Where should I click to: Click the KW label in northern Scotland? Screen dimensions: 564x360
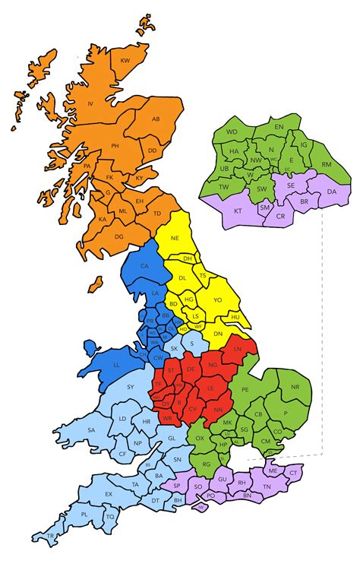[126, 60]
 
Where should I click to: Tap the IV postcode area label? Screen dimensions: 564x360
[90, 103]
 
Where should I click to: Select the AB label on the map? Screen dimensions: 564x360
[156, 119]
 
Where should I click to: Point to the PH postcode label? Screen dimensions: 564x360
[115, 145]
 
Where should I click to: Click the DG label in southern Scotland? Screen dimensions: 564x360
[118, 236]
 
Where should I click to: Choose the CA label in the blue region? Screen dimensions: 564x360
[145, 265]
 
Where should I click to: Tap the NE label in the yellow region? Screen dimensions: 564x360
[175, 238]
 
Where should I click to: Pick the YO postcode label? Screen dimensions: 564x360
[218, 300]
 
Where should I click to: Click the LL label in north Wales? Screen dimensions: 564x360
[116, 364]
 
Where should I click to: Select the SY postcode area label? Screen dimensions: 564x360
[131, 388]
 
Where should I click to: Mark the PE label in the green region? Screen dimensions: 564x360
[245, 390]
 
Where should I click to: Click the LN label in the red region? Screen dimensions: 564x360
[238, 349]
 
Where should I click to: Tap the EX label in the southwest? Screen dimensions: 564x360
[109, 494]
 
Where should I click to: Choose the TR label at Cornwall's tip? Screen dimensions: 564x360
[50, 536]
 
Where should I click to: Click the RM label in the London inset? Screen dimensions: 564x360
[327, 164]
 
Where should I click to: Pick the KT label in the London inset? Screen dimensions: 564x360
[238, 211]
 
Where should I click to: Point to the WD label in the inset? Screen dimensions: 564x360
[232, 131]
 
